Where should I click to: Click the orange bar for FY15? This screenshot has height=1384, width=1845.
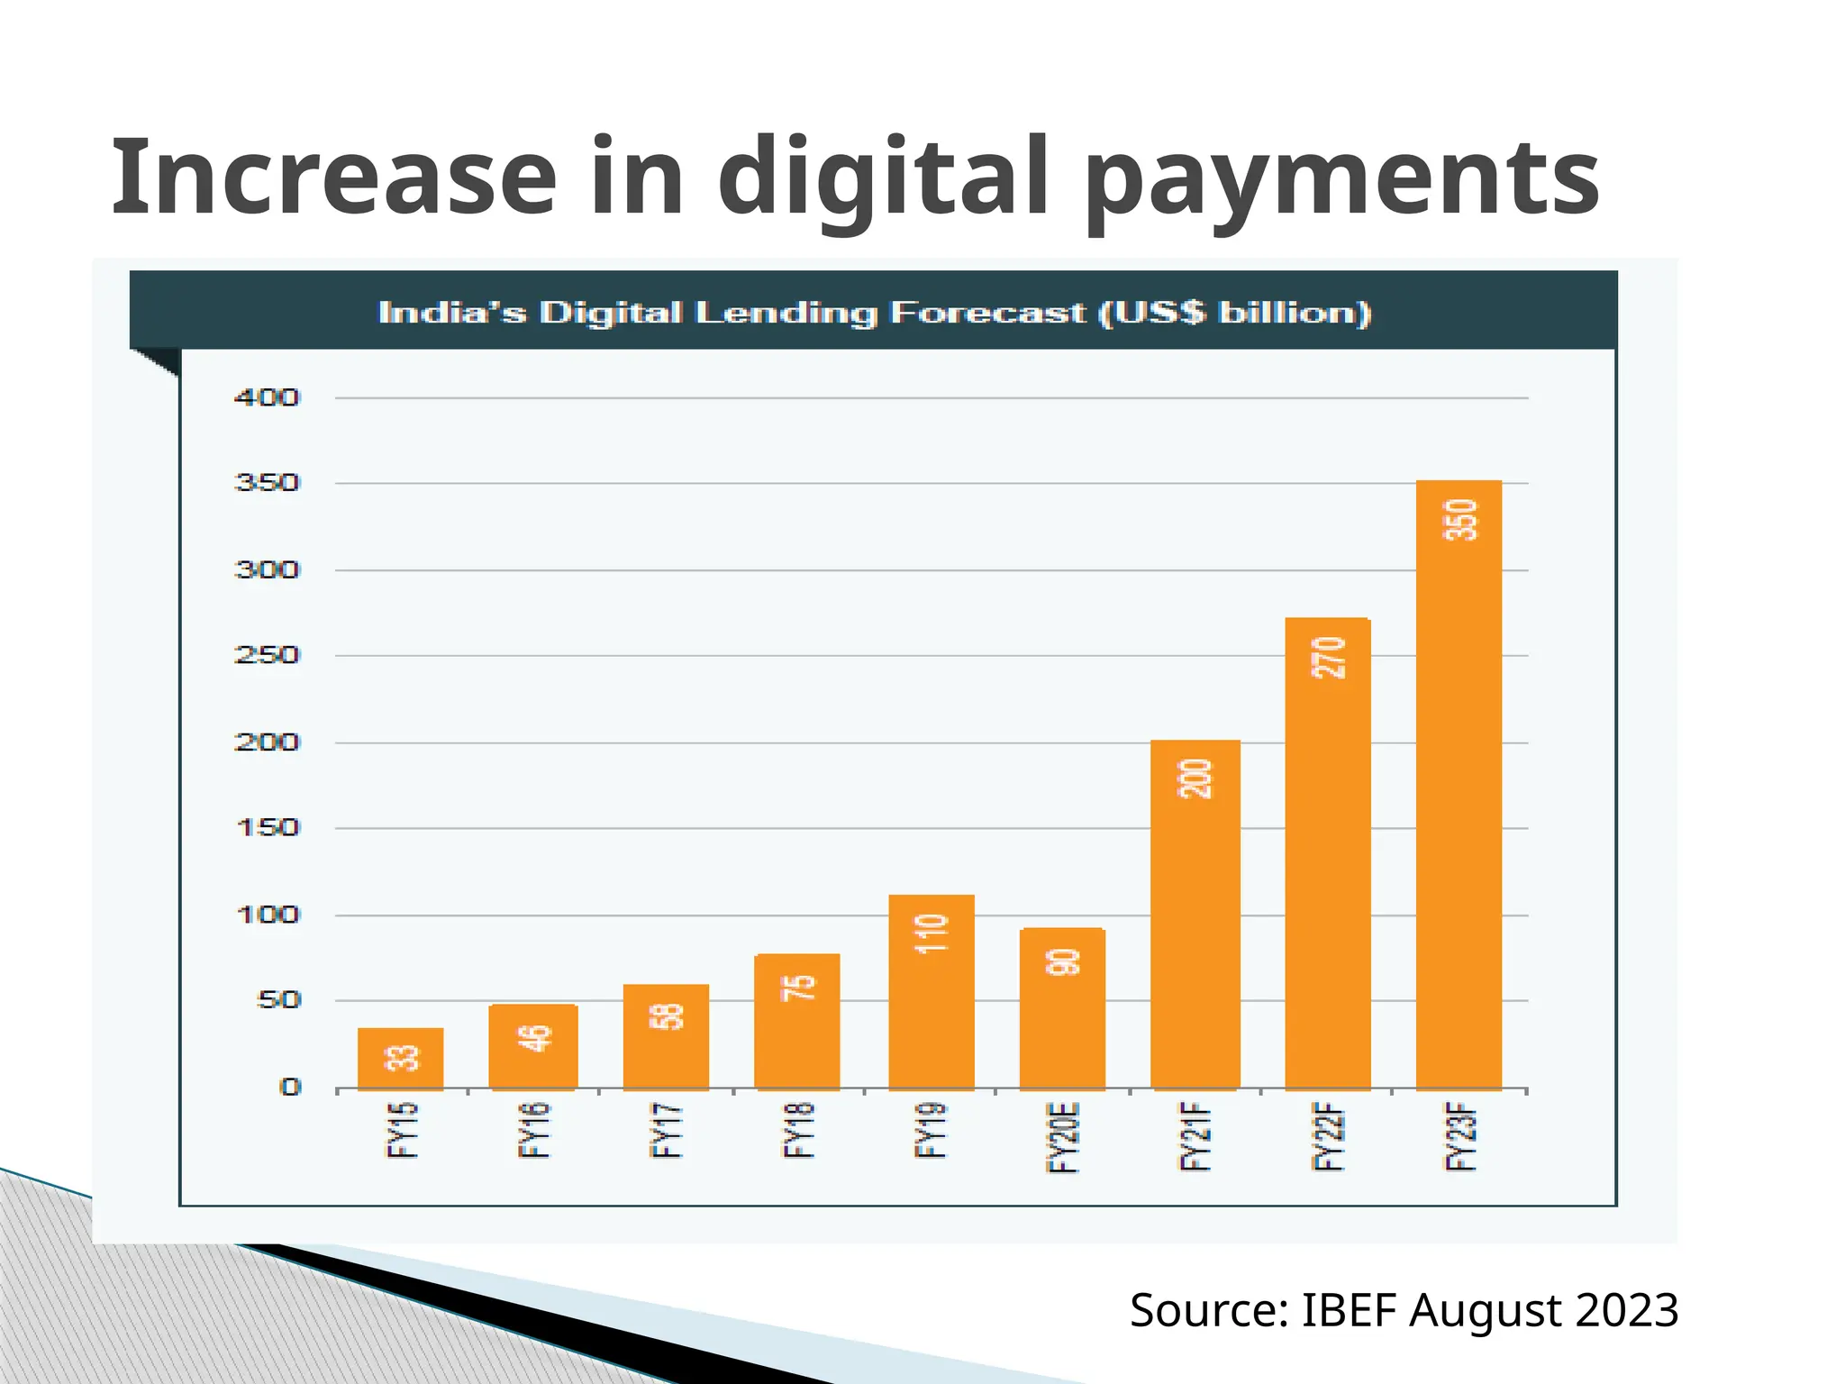(x=400, y=1059)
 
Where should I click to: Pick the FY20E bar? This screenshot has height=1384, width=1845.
(x=1062, y=1009)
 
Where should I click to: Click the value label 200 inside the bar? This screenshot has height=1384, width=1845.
(x=1195, y=779)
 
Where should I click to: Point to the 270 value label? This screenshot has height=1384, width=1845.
(x=1329, y=658)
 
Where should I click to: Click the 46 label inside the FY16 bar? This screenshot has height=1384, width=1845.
(x=534, y=1038)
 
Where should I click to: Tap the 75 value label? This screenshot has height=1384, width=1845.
(x=798, y=988)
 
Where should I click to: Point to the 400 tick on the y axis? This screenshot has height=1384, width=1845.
(x=267, y=397)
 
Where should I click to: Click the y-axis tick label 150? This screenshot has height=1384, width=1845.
(x=267, y=827)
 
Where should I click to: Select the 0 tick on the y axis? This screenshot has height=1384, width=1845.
(x=290, y=1087)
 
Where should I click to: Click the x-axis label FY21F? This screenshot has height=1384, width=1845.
(x=1195, y=1137)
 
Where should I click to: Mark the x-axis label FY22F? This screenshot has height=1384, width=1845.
(x=1329, y=1137)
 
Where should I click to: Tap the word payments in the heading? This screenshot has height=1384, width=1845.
(x=1342, y=180)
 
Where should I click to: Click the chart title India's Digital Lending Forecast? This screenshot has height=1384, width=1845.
(x=874, y=313)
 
